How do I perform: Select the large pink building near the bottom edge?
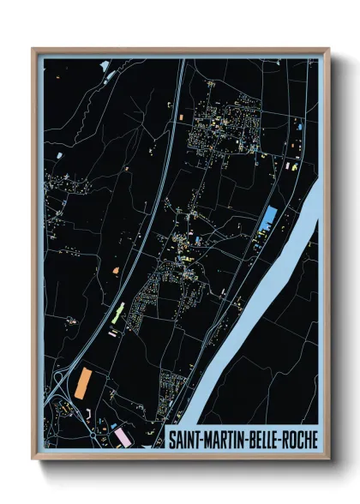click(123, 437)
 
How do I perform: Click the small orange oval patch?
click(115, 271)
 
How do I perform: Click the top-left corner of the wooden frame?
click(33, 49)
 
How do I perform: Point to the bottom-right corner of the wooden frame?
click(329, 460)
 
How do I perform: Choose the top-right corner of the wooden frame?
click(329, 49)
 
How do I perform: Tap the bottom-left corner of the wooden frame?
click(33, 460)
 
